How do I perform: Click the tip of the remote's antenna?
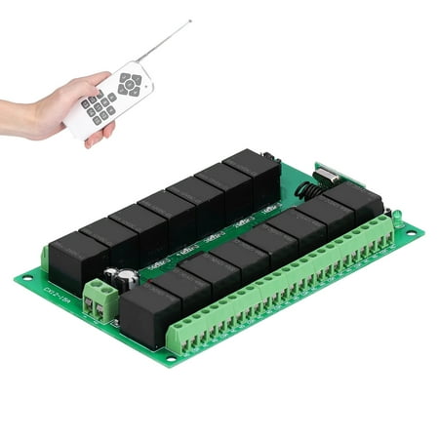190,20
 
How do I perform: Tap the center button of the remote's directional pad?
129,86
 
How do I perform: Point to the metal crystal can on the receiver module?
326,175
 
